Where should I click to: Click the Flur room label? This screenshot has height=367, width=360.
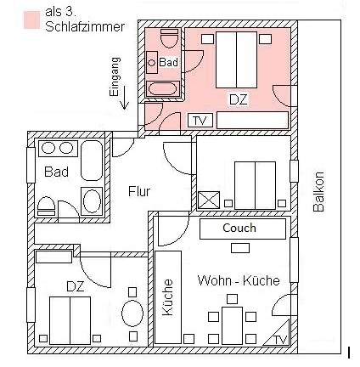(139, 191)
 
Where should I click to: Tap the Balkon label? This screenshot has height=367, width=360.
(318, 191)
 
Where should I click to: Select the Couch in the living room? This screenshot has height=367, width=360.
(243, 229)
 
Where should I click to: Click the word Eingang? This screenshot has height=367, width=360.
(115, 77)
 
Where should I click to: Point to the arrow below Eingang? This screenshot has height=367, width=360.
(124, 98)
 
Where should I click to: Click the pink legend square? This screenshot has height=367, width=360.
(31, 20)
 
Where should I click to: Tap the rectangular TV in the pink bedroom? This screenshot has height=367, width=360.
(200, 121)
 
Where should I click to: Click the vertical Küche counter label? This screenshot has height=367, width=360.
(168, 297)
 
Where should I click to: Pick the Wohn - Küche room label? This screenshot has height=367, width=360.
(239, 280)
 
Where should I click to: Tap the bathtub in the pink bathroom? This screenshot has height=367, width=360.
(163, 89)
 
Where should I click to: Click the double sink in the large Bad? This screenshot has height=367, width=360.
(58, 148)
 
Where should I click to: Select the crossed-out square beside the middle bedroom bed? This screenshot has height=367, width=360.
(209, 200)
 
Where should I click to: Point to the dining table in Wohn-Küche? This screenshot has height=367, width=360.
(232, 325)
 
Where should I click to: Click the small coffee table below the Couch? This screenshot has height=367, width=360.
(240, 248)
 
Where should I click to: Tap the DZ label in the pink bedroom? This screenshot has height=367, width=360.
(239, 100)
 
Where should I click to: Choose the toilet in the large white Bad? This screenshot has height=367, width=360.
(46, 206)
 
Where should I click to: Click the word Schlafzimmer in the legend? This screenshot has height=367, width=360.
(85, 27)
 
